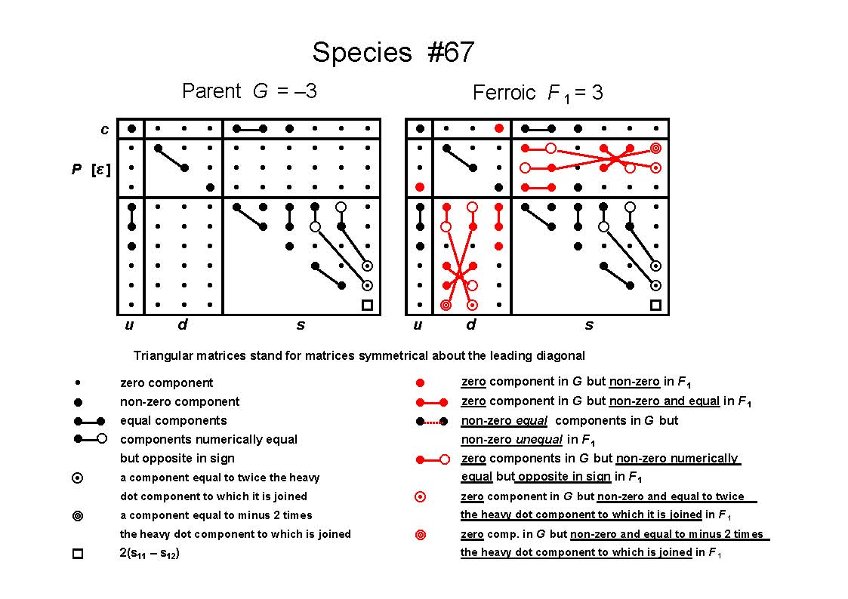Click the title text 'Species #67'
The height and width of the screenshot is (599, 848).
tap(393, 52)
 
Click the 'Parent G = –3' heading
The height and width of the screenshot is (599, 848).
tap(249, 91)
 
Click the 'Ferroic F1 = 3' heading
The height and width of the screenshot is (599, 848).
tap(538, 93)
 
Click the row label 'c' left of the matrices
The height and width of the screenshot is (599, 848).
tap(104, 130)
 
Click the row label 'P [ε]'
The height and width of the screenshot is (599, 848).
tap(91, 170)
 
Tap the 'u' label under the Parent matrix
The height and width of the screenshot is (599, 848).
tap(129, 325)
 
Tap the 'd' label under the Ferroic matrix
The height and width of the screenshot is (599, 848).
tap(471, 324)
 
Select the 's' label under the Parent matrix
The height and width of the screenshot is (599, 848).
tap(301, 325)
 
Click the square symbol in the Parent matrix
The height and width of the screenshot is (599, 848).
tap(367, 306)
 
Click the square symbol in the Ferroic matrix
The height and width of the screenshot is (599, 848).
tap(655, 306)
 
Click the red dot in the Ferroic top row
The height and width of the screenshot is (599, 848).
tap(498, 128)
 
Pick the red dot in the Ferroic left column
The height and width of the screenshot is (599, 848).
tap(420, 187)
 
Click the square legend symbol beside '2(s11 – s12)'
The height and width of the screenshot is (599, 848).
tap(78, 554)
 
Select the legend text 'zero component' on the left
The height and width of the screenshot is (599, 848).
tap(167, 383)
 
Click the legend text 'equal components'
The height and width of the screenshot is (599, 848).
tap(174, 421)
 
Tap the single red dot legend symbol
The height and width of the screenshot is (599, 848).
tap(420, 383)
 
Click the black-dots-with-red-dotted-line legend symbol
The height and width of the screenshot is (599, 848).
tap(432, 421)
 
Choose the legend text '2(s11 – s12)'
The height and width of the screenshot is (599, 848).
tap(150, 554)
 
